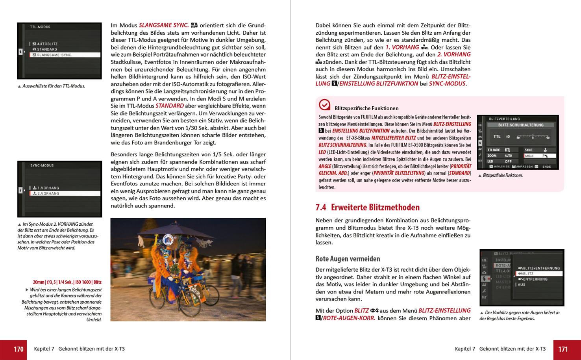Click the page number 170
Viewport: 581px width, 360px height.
[x=19, y=349]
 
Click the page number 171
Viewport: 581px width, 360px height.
[x=563, y=349]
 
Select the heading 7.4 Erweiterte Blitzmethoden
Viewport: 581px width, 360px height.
[x=367, y=207]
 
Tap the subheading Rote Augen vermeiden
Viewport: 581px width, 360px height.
[x=348, y=259]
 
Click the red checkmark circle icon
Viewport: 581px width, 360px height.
[x=324, y=104]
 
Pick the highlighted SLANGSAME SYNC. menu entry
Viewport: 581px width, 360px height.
[x=65, y=55]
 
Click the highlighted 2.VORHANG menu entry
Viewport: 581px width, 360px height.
[x=65, y=193]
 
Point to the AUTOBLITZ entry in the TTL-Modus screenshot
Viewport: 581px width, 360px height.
[x=47, y=44]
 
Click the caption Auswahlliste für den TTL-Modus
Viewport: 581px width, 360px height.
[x=54, y=86]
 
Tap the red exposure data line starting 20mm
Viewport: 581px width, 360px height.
[x=67, y=282]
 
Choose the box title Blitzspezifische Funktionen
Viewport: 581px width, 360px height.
[x=366, y=108]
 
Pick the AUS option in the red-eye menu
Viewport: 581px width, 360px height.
[x=522, y=284]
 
